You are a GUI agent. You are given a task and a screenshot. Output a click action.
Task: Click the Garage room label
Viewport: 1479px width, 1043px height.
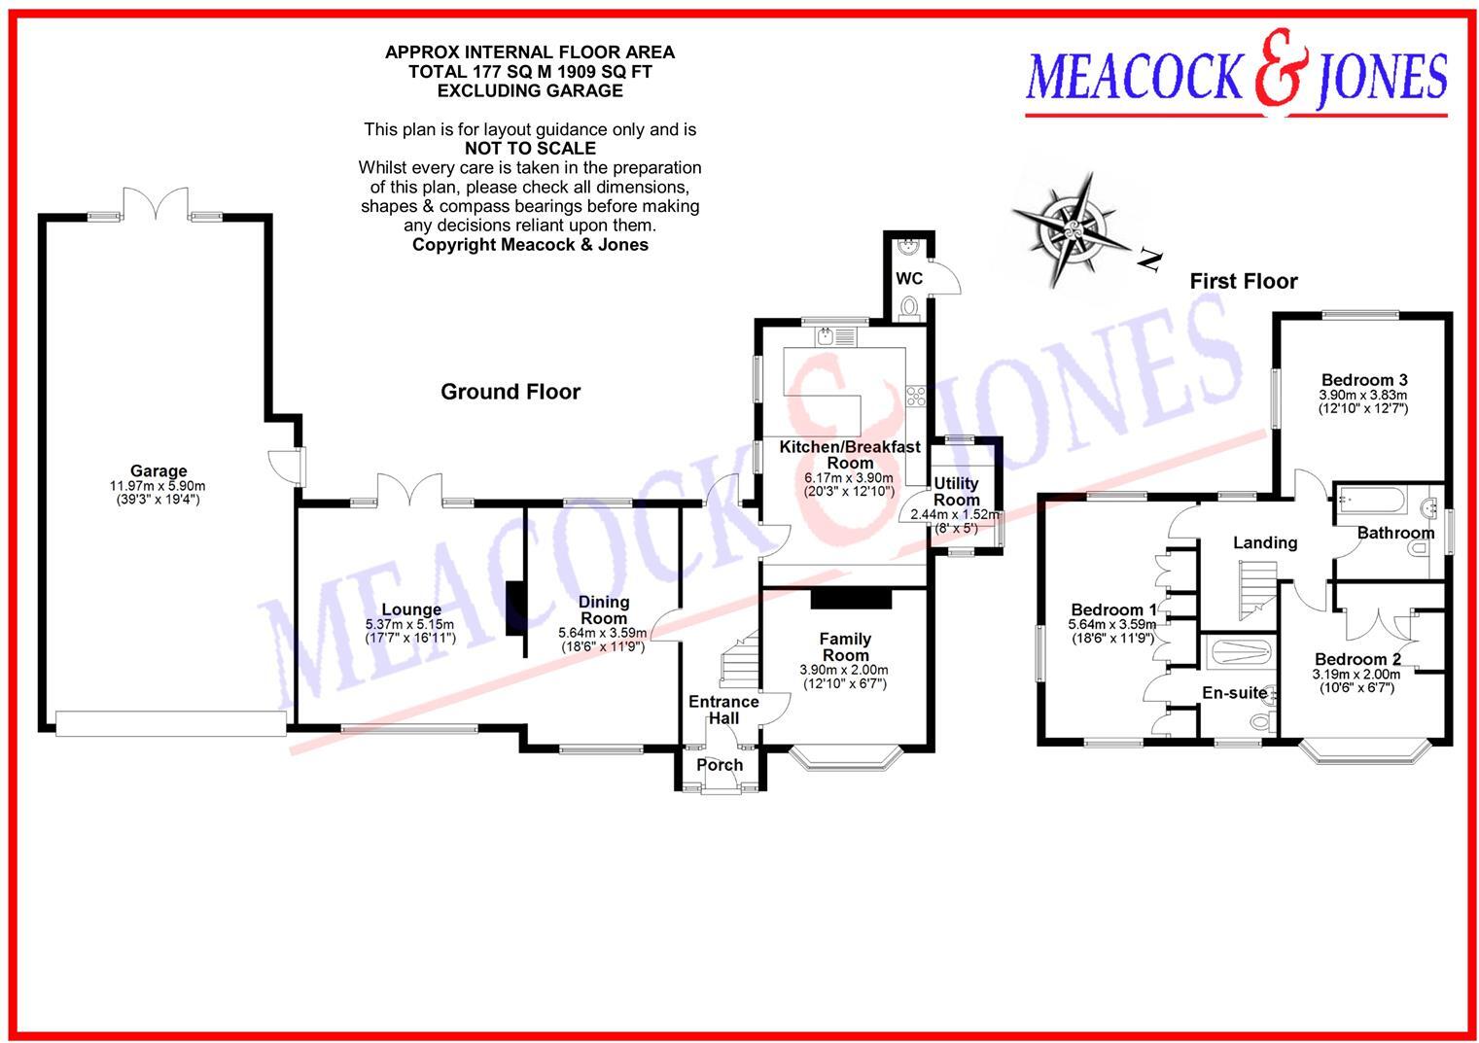158,471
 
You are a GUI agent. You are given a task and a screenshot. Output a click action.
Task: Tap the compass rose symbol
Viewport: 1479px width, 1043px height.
1072,230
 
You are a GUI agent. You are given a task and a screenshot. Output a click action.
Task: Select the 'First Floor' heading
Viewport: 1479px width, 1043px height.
1243,282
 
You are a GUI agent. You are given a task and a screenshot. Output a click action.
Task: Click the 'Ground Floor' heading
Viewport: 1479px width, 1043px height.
510,392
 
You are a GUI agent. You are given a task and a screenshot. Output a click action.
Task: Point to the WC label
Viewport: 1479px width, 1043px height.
908,279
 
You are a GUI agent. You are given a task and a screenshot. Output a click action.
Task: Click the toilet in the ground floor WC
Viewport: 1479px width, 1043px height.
910,307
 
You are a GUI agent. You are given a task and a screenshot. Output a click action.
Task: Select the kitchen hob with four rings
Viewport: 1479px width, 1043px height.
916,395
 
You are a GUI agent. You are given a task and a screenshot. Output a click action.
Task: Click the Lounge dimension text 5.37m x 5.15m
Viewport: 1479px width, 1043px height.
411,624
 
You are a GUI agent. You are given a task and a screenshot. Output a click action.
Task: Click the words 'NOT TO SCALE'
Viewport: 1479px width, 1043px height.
530,149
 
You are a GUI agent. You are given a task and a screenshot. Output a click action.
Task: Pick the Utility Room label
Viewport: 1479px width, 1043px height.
956,492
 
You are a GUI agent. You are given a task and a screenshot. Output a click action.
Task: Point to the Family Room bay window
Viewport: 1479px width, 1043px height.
845,758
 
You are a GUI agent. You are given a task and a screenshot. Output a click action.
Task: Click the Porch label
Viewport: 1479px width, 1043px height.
720,765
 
